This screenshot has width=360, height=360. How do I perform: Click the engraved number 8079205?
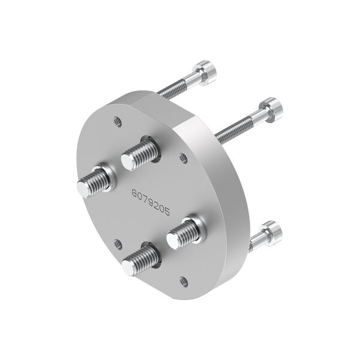click(151, 202)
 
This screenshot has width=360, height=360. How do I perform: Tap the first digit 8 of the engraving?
click(135, 194)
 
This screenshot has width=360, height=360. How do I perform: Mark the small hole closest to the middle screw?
click(184, 158)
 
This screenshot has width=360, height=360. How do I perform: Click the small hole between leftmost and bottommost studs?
click(118, 244)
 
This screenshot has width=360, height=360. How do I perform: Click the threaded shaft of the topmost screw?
click(177, 87)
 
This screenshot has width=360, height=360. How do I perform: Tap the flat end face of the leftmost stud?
click(82, 188)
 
